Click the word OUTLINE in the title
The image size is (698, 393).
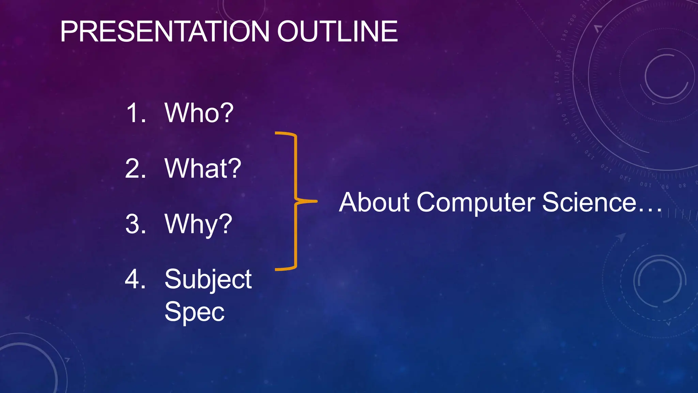coord(337,31)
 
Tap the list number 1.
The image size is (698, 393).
coord(136,113)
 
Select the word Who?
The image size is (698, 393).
coord(199,113)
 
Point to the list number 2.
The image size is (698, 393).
coord(135,169)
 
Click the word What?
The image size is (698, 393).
coord(203,169)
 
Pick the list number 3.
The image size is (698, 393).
coord(135,224)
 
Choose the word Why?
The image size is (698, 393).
coord(198,224)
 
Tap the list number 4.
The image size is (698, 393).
coord(135,279)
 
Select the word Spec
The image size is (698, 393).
coord(194,311)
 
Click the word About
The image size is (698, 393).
coord(374,202)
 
